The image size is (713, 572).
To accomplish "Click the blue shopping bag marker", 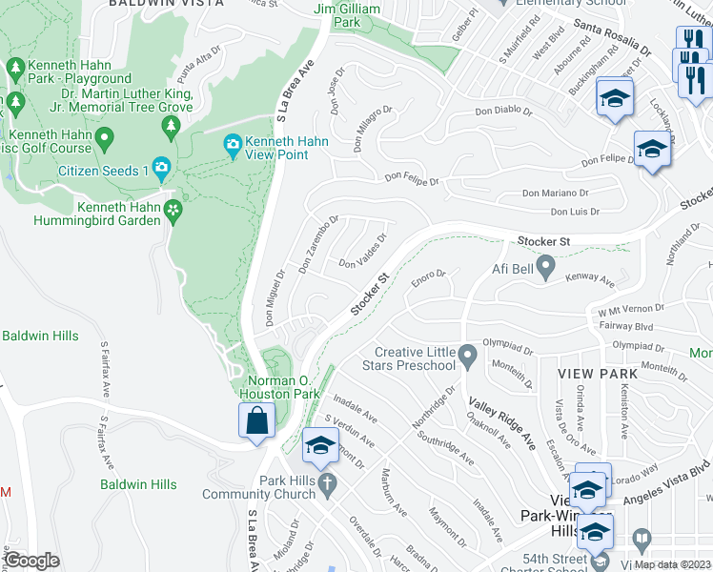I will [257, 420].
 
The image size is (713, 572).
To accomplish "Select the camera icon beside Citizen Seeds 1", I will [161, 170].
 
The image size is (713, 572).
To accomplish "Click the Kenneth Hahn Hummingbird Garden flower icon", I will [173, 211].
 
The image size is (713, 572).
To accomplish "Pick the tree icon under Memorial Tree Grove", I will [172, 126].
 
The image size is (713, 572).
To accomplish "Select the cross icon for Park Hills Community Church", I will [327, 483].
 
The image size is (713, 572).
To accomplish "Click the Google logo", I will [31, 561].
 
